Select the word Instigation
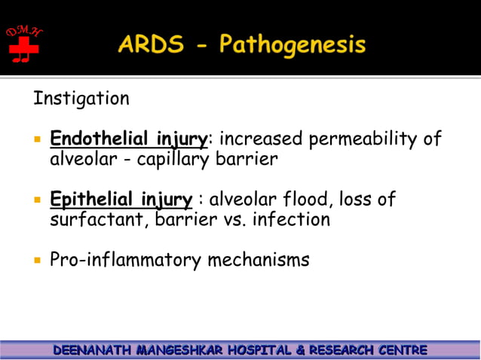pyautogui.click(x=81, y=99)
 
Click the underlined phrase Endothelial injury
pyautogui.click(x=128, y=139)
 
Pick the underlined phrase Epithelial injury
pyautogui.click(x=121, y=200)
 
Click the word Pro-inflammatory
pyautogui.click(x=125, y=261)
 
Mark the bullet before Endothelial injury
pyautogui.click(x=35, y=140)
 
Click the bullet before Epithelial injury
pyautogui.click(x=35, y=200)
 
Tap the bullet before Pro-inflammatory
pyautogui.click(x=35, y=261)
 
